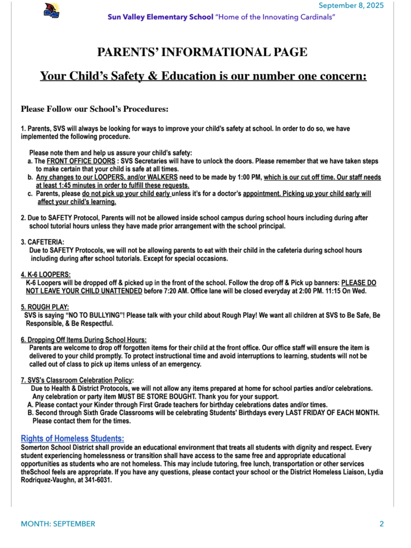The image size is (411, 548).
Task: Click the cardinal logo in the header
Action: [x=51, y=10]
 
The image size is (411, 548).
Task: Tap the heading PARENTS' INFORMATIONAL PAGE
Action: [x=202, y=52]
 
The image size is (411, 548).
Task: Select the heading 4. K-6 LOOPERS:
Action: [x=45, y=275]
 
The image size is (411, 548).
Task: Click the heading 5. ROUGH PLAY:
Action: [x=45, y=307]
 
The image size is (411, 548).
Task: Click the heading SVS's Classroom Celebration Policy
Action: [x=77, y=380]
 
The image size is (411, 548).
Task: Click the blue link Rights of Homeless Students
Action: [x=72, y=439]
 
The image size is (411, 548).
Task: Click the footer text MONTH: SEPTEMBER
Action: [x=58, y=524]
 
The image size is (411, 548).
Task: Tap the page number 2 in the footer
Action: [x=382, y=524]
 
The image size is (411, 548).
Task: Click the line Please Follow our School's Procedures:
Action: [x=95, y=109]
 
